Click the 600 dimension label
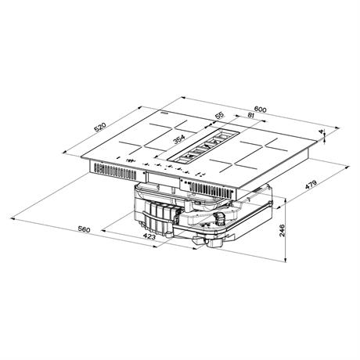point(260,110)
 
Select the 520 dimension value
point(100,127)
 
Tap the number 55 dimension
point(220,115)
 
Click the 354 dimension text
point(179,139)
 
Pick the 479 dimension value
point(311,185)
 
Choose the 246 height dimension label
point(283,229)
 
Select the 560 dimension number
point(84,229)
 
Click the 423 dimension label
point(149,236)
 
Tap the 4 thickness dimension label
point(321,132)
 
